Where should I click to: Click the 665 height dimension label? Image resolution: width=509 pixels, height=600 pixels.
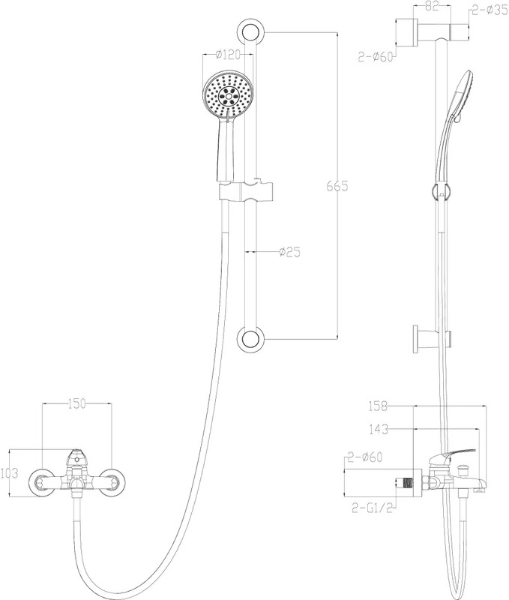(337, 186)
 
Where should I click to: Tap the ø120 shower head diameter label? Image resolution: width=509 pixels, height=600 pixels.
(229, 55)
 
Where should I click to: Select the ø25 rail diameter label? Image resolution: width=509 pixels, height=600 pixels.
(289, 252)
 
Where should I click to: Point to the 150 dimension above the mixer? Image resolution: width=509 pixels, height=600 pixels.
(77, 403)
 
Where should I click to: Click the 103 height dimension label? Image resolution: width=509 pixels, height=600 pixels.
(9, 473)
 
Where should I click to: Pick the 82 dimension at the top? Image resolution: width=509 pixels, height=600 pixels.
(432, 7)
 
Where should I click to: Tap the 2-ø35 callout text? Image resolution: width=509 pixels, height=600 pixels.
(490, 10)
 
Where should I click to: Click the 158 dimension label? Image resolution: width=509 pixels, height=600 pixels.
(378, 406)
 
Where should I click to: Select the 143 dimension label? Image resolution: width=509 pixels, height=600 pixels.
(379, 429)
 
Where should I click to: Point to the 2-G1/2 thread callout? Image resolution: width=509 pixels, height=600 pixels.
(372, 508)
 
